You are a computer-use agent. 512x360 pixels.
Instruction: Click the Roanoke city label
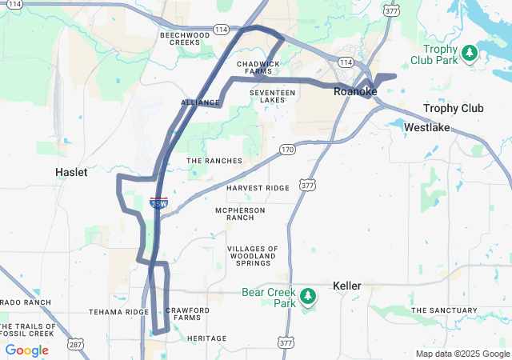click(355, 92)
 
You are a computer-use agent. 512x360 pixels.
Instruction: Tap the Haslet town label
click(71, 172)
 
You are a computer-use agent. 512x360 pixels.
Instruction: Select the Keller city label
click(347, 286)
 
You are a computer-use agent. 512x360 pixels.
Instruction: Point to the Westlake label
click(427, 127)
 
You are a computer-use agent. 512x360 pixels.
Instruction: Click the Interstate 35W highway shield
click(158, 203)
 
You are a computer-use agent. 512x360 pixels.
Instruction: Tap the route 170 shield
click(287, 150)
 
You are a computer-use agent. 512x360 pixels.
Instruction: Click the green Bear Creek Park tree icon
click(309, 298)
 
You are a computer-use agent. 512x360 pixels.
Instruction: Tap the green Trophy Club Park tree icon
click(470, 54)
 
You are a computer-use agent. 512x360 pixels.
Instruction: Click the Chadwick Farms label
click(258, 67)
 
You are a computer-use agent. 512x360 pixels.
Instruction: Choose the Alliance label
click(200, 103)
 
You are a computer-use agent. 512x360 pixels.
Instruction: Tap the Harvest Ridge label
click(258, 188)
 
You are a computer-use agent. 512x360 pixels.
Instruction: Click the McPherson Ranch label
click(240, 214)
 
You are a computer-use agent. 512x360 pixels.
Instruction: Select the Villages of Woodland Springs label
click(253, 256)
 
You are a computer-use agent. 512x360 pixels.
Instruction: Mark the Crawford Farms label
click(187, 314)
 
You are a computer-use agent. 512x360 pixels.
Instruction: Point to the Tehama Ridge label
click(118, 312)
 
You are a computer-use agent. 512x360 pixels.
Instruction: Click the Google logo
click(26, 350)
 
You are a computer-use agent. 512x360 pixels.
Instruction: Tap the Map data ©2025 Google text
click(462, 354)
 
